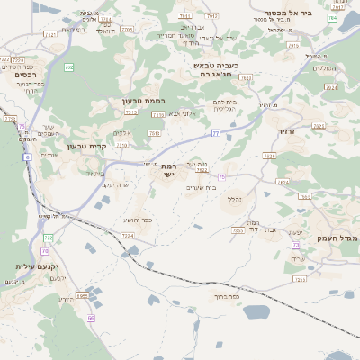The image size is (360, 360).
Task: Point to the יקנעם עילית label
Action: tap(37, 267)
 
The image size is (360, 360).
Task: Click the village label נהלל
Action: tap(234, 198)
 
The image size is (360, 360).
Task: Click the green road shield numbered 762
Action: tap(69, 67)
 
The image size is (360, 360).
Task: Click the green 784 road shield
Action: tap(332, 18)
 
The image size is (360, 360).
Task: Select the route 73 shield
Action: tap(294, 245)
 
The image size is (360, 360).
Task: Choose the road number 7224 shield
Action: tap(128, 235)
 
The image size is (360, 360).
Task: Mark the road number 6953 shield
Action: tap(82, 295)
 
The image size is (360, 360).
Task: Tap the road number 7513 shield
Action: tap(130, 112)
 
